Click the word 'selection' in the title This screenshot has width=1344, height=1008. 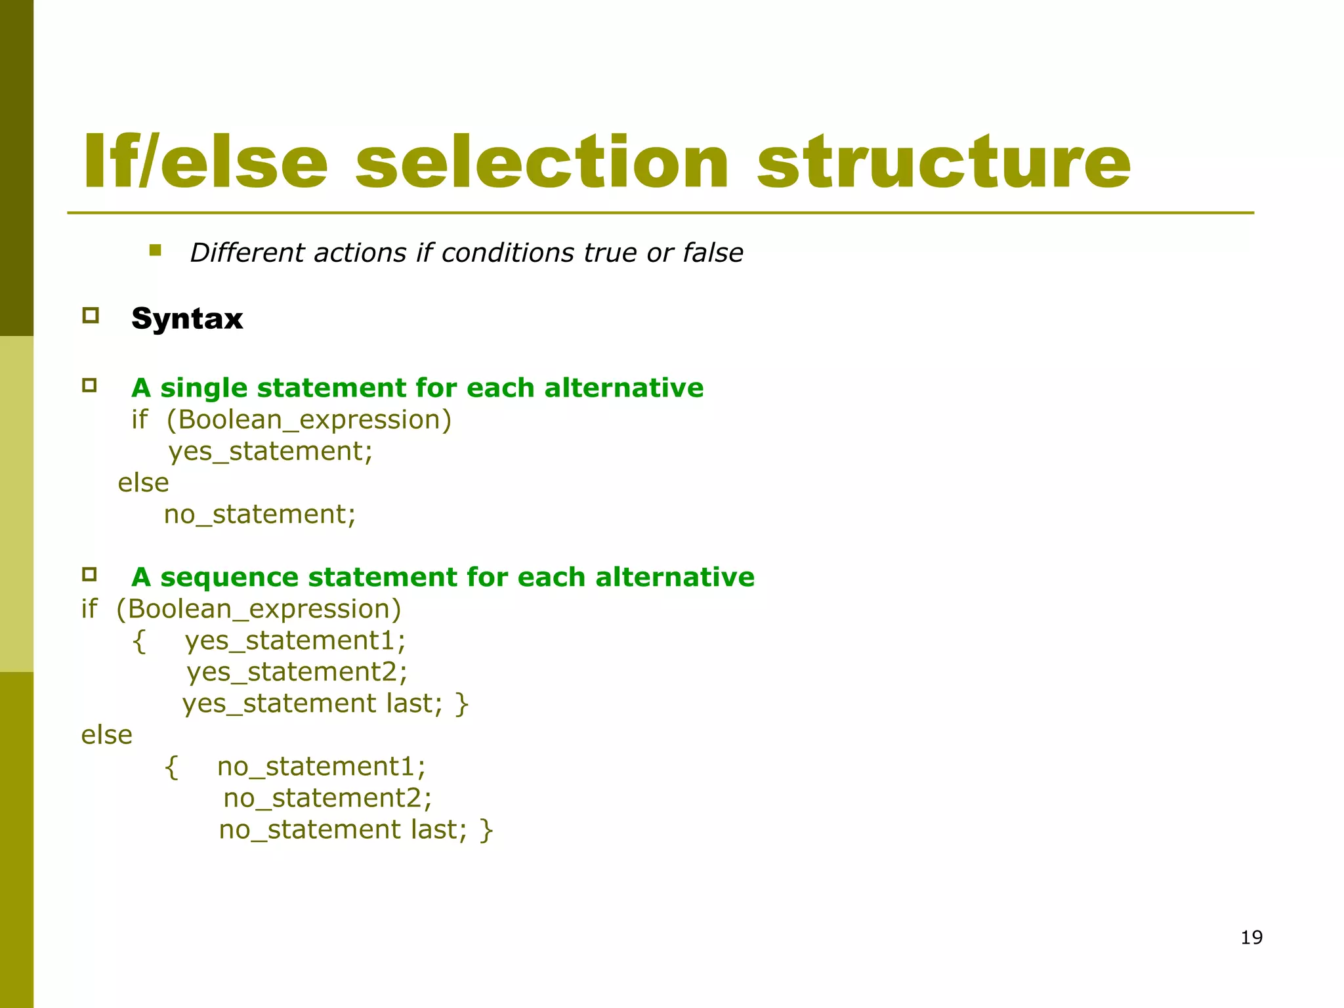click(541, 162)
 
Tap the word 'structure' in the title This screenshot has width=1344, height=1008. click(944, 162)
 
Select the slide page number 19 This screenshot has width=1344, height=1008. click(1251, 937)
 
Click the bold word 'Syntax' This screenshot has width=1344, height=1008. click(187, 319)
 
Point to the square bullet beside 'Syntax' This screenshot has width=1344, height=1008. click(91, 316)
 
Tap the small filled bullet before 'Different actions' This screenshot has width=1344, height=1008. click(155, 250)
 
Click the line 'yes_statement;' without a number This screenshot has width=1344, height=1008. click(270, 451)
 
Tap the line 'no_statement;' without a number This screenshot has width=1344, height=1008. click(260, 514)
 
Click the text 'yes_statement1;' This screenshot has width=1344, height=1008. click(295, 640)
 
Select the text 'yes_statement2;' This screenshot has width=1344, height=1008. click(297, 672)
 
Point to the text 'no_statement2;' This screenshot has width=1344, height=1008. click(327, 798)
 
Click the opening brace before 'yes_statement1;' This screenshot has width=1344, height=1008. click(138, 640)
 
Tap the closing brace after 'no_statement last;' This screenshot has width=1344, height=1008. click(486, 830)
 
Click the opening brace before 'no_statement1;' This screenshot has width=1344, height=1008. click(171, 766)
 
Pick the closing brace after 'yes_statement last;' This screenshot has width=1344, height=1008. click(462, 704)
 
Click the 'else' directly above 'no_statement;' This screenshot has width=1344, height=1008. click(143, 483)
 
